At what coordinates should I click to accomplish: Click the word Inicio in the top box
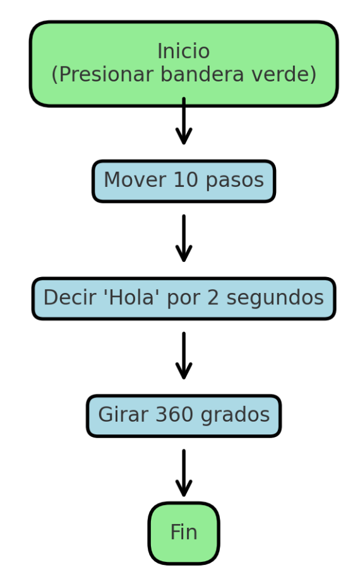point(183,51)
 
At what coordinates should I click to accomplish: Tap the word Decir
point(66,298)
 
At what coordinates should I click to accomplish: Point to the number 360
point(174,415)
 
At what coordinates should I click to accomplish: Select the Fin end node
point(184,533)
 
